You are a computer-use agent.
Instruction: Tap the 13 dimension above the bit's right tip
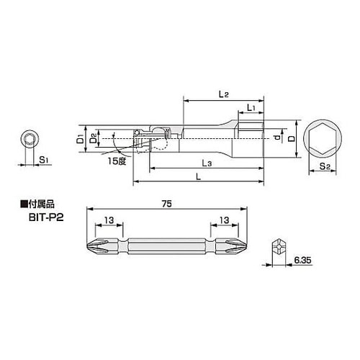pos(225,221)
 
